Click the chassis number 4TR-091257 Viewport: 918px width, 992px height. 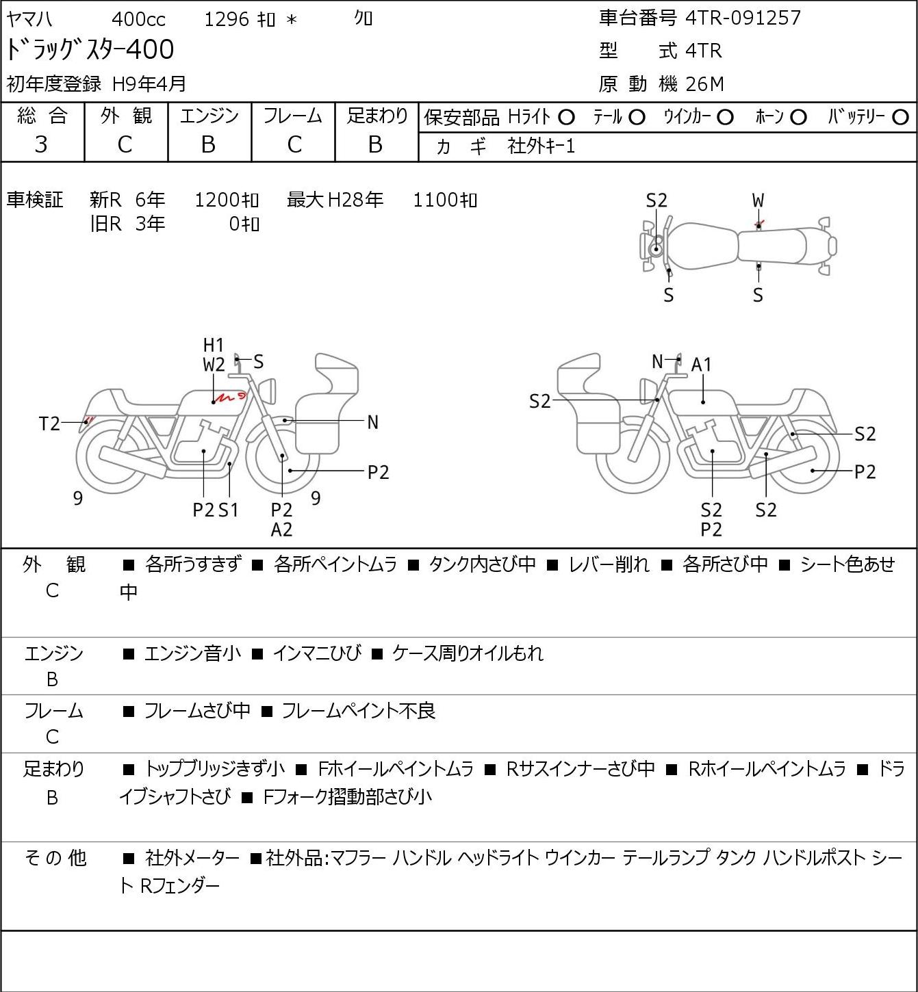coord(743,18)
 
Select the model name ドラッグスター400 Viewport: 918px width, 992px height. coord(90,49)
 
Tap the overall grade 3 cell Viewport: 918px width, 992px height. coord(41,145)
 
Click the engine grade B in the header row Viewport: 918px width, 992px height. coord(208,145)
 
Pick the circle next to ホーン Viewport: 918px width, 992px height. coord(798,118)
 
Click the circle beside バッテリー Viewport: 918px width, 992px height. coord(900,118)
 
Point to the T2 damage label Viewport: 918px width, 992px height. coord(49,423)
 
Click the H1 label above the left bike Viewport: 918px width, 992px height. coord(213,345)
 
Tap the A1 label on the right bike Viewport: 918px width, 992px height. coord(701,365)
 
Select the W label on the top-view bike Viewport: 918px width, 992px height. coord(758,201)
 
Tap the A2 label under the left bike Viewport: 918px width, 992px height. coord(281,530)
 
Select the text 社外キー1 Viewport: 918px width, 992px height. coord(541,146)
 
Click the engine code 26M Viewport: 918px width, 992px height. coord(705,84)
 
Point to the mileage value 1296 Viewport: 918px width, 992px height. coord(227,19)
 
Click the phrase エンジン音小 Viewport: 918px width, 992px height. coord(192,653)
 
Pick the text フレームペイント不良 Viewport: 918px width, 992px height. coord(359,711)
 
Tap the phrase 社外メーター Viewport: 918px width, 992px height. coord(192,858)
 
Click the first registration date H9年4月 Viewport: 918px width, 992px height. coord(149,84)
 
